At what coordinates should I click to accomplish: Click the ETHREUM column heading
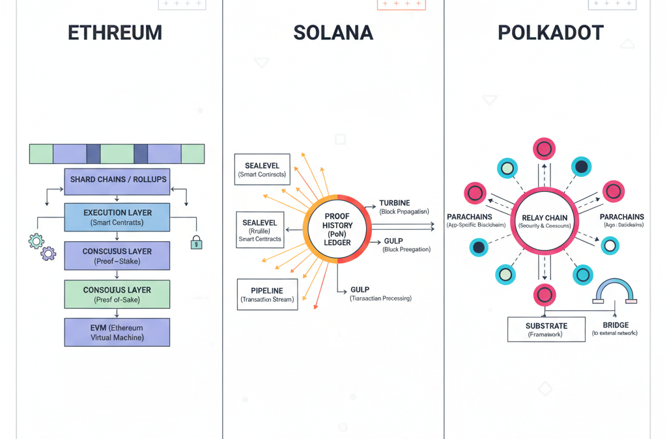(115, 33)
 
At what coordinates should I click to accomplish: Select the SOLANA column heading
(333, 33)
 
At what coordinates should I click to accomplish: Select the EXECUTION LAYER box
(117, 217)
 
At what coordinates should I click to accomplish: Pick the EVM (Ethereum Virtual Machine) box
(117, 332)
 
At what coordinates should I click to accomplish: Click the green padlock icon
(196, 243)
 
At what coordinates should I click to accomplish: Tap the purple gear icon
(48, 254)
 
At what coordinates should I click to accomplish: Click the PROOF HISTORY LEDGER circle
(337, 228)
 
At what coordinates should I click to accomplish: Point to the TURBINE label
(395, 204)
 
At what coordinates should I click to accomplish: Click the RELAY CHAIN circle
(545, 221)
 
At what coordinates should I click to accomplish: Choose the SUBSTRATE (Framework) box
(546, 330)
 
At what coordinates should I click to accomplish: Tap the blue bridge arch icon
(615, 291)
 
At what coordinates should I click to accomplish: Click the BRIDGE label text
(616, 325)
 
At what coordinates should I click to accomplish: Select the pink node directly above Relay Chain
(544, 148)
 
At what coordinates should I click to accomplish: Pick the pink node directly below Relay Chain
(545, 295)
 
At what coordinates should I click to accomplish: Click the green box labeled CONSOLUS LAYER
(117, 294)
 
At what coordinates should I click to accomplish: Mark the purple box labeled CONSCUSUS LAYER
(117, 256)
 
